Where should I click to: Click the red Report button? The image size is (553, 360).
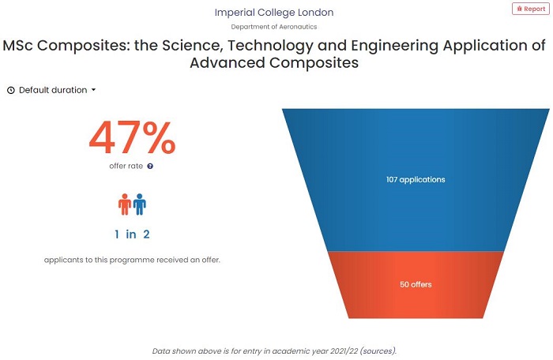coord(529,9)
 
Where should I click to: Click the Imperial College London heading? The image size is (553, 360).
coord(274,13)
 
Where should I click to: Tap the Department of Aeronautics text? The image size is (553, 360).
coord(274,27)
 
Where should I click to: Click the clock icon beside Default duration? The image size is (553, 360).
coord(11,90)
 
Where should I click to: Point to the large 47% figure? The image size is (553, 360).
coord(132,137)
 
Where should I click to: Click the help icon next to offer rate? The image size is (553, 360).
coord(150,167)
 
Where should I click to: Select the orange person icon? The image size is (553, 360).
coord(125,204)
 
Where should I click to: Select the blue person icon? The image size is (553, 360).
coord(140,204)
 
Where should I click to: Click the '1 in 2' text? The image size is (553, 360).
coord(132,234)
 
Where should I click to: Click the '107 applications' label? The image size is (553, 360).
coord(416,179)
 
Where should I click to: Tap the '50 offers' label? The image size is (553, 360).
coord(416,284)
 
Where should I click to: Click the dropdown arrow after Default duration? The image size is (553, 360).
coord(93,90)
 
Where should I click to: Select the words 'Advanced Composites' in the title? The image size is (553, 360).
coord(274,62)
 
